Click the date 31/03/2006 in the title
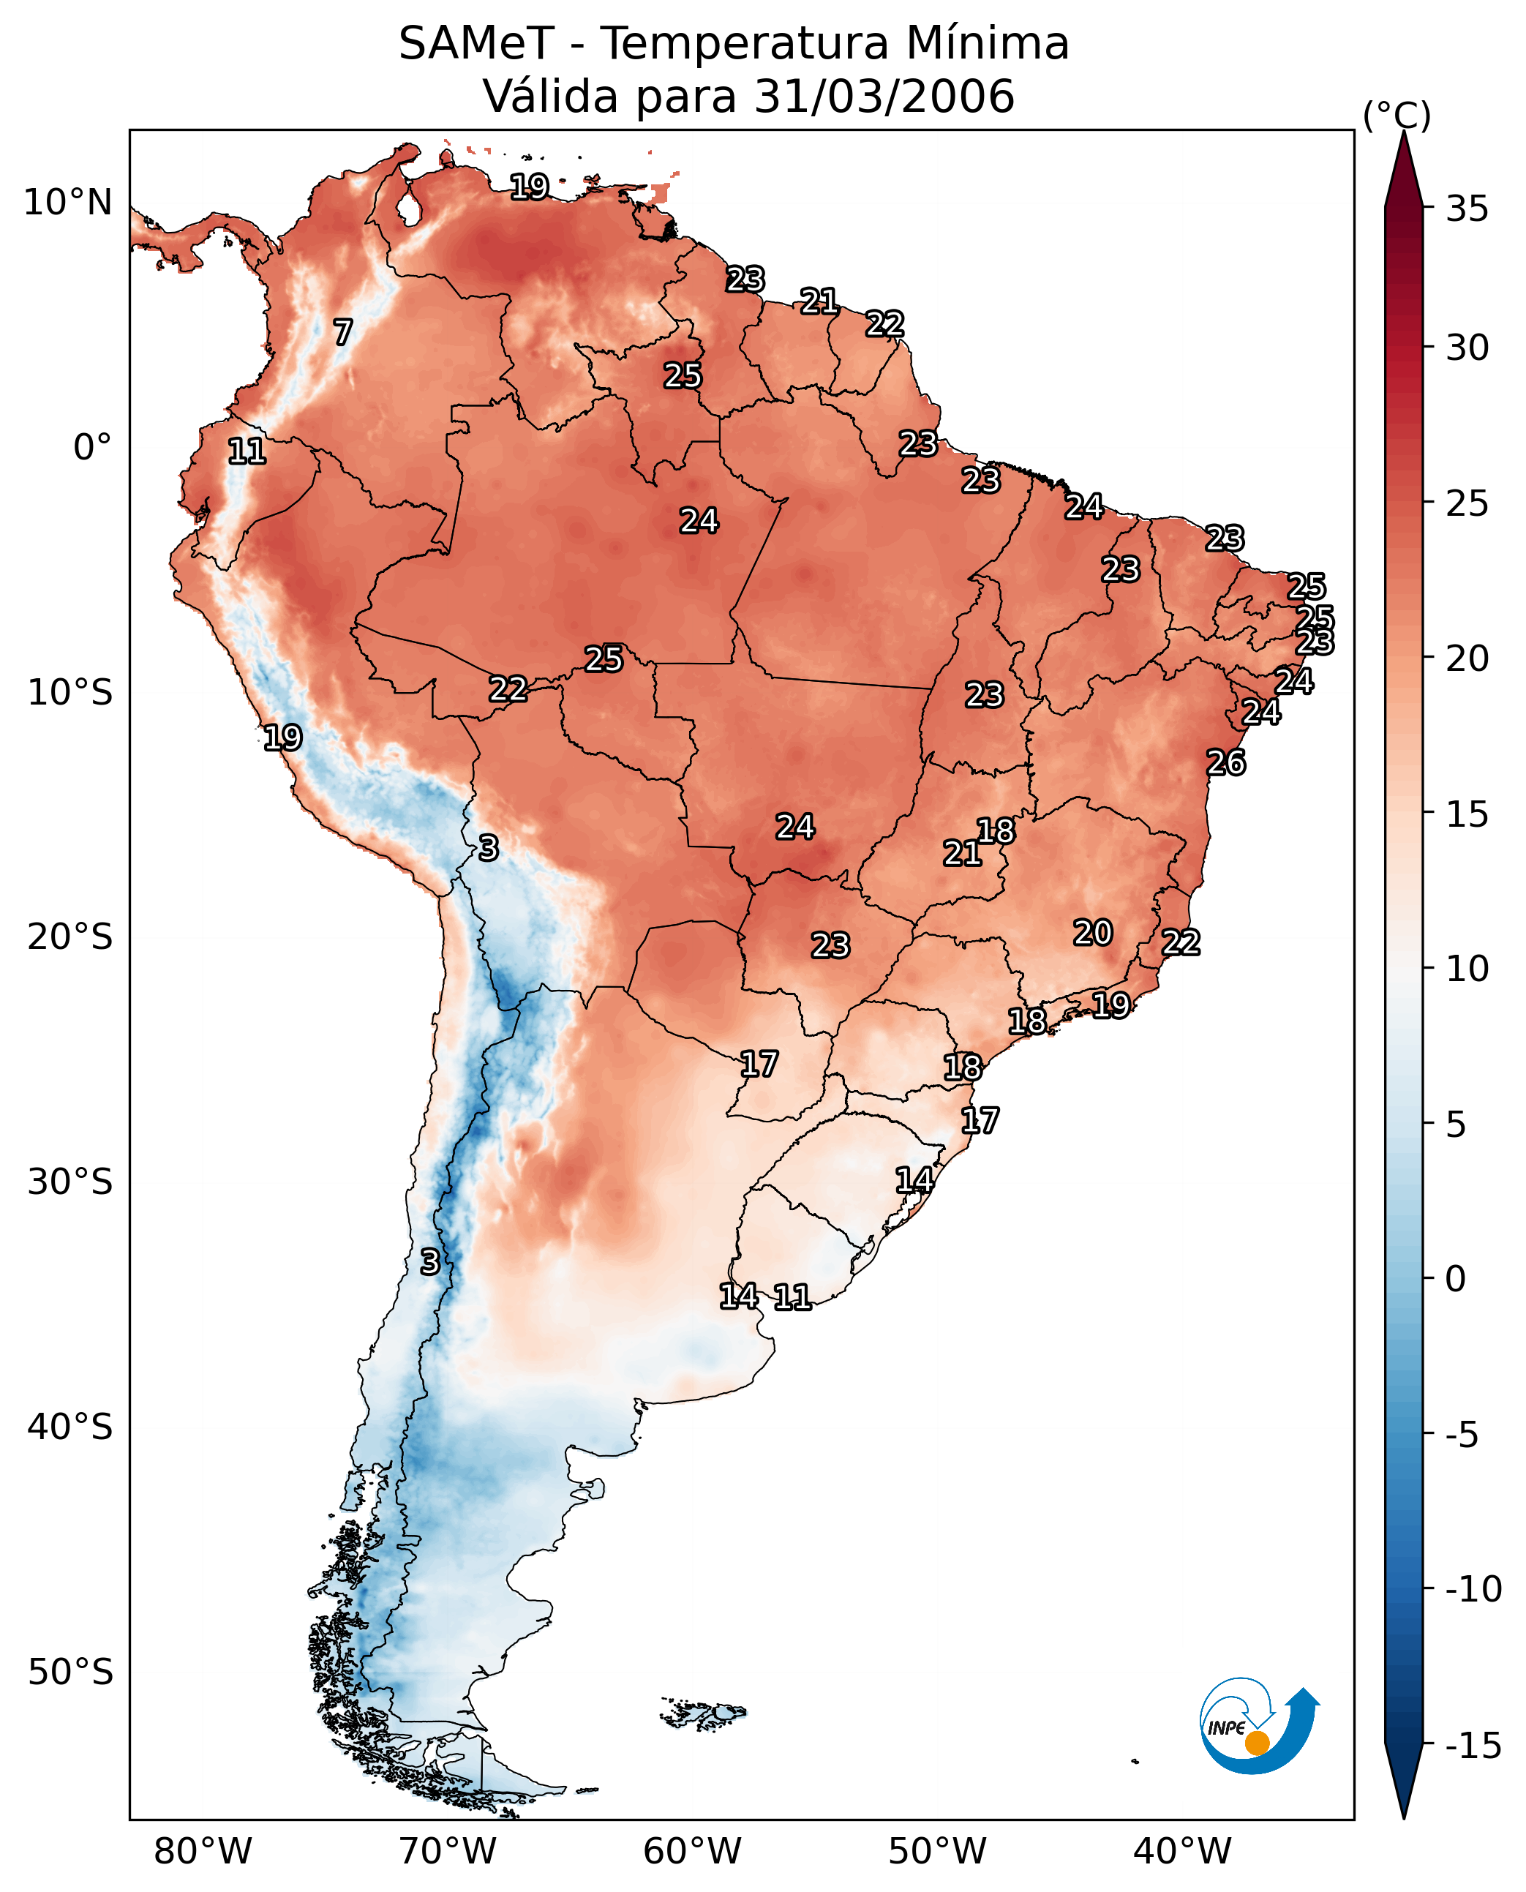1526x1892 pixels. pyautogui.click(x=884, y=96)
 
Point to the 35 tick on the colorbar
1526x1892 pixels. pyautogui.click(x=1467, y=209)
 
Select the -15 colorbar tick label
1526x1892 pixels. pyautogui.click(x=1473, y=1745)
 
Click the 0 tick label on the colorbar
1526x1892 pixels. pyautogui.click(x=1456, y=1279)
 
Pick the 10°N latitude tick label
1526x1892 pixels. pyautogui.click(x=68, y=203)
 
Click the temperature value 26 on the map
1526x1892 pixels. pyautogui.click(x=1226, y=763)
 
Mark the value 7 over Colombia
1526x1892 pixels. pyautogui.click(x=343, y=332)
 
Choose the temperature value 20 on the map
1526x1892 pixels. pyautogui.click(x=1093, y=933)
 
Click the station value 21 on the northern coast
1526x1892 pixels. pyautogui.click(x=819, y=301)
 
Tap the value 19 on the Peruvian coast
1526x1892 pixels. pyautogui.click(x=283, y=737)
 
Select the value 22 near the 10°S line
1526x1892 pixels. pyautogui.click(x=508, y=689)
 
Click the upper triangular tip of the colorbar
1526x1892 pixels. pyautogui.click(x=1404, y=132)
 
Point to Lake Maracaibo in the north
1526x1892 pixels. pyautogui.click(x=408, y=208)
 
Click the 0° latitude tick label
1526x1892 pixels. pyautogui.click(x=92, y=448)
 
